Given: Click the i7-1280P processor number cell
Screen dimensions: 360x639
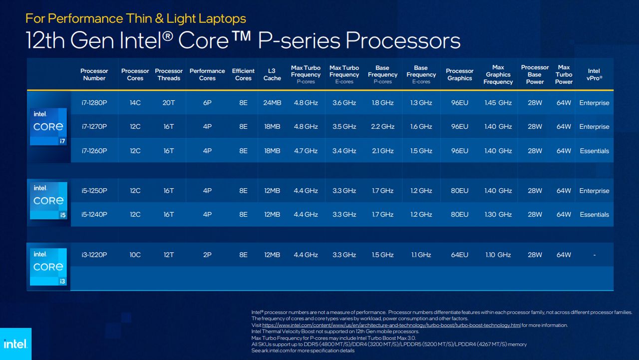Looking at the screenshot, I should pyautogui.click(x=94, y=103).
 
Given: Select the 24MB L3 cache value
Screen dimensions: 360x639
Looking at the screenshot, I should pyautogui.click(x=272, y=103).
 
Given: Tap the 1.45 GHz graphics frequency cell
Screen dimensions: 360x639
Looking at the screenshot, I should pyautogui.click(x=498, y=103).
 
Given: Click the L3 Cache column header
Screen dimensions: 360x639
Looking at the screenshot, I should pyautogui.click(x=272, y=74).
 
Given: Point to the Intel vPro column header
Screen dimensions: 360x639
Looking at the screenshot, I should pyautogui.click(x=594, y=74).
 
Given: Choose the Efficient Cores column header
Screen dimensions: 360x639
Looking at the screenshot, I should pyautogui.click(x=243, y=74).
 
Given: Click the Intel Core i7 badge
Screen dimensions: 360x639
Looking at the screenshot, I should pyautogui.click(x=48, y=127).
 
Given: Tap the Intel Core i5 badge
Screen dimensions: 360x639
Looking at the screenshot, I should pyautogui.click(x=48, y=201).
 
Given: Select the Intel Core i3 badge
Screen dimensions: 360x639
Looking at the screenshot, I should pyautogui.click(x=48, y=267).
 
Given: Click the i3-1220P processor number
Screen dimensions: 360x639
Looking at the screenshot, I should pyautogui.click(x=94, y=255).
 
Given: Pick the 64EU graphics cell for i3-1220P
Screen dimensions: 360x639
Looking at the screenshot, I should pyautogui.click(x=459, y=255).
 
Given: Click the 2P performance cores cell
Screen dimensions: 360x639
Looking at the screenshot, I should pyautogui.click(x=207, y=255).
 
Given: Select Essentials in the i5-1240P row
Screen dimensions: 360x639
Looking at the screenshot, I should pyautogui.click(x=594, y=215).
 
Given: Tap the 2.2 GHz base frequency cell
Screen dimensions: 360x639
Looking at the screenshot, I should pyautogui.click(x=382, y=127).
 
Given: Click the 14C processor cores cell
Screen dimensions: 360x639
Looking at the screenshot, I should pyautogui.click(x=135, y=103).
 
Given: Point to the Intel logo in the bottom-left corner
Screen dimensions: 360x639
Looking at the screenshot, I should pyautogui.click(x=15, y=344).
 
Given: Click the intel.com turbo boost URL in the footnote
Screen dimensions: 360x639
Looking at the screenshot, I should pyautogui.click(x=391, y=325).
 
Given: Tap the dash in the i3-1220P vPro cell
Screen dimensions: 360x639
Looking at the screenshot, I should pyautogui.click(x=594, y=255).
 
